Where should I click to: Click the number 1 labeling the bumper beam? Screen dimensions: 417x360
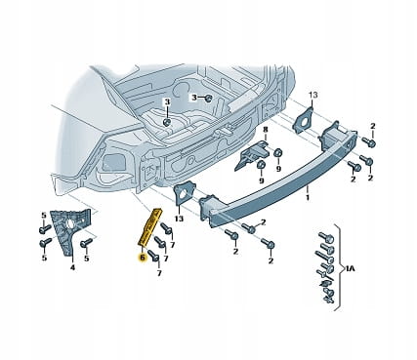(308, 197)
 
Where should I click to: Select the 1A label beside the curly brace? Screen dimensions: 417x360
(350, 268)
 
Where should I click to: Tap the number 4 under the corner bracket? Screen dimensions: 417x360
(72, 267)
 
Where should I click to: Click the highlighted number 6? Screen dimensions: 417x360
(143, 258)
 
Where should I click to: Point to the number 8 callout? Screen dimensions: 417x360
(266, 130)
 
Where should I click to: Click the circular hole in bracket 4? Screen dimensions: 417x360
(70, 224)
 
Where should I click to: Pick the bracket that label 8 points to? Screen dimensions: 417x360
(252, 155)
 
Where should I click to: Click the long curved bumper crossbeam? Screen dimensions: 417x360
(280, 179)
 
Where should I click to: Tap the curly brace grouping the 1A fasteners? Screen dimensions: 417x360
(339, 268)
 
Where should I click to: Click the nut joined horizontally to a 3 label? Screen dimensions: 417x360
(209, 98)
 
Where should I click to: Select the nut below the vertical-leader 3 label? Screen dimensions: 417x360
(167, 122)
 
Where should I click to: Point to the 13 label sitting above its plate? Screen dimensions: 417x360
(313, 95)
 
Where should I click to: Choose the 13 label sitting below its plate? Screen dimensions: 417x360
(179, 219)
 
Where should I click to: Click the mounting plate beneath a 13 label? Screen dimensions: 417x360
(305, 121)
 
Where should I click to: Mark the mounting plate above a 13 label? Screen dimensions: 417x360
(184, 194)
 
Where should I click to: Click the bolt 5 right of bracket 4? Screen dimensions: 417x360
(86, 242)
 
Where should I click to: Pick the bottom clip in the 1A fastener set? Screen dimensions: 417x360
(327, 299)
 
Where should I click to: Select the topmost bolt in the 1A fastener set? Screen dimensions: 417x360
(325, 237)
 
